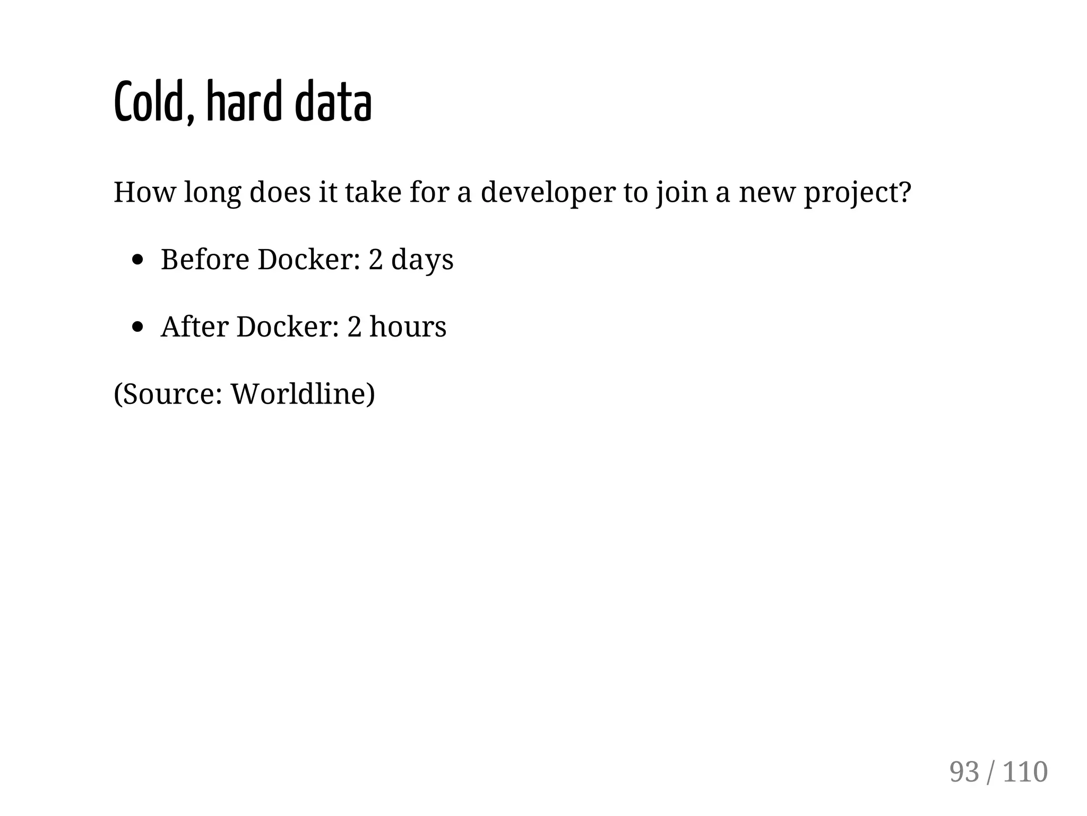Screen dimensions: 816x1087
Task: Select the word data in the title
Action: coord(333,102)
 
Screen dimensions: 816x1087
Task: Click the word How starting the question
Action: coord(144,192)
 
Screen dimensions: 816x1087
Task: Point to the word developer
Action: coord(548,192)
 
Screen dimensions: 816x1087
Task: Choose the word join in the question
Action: coord(681,192)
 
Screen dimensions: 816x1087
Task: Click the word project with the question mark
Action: coord(857,192)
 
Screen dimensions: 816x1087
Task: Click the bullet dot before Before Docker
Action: coord(138,260)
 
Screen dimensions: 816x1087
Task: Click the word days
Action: coord(422,260)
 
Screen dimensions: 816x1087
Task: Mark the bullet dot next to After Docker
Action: coord(138,327)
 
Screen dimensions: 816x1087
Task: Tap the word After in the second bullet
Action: coord(194,327)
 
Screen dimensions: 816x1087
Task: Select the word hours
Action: coord(408,327)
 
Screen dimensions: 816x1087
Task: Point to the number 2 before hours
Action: coord(354,327)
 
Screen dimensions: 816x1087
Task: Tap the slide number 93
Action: coord(964,772)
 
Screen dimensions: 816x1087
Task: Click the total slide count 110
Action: coord(1025,772)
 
